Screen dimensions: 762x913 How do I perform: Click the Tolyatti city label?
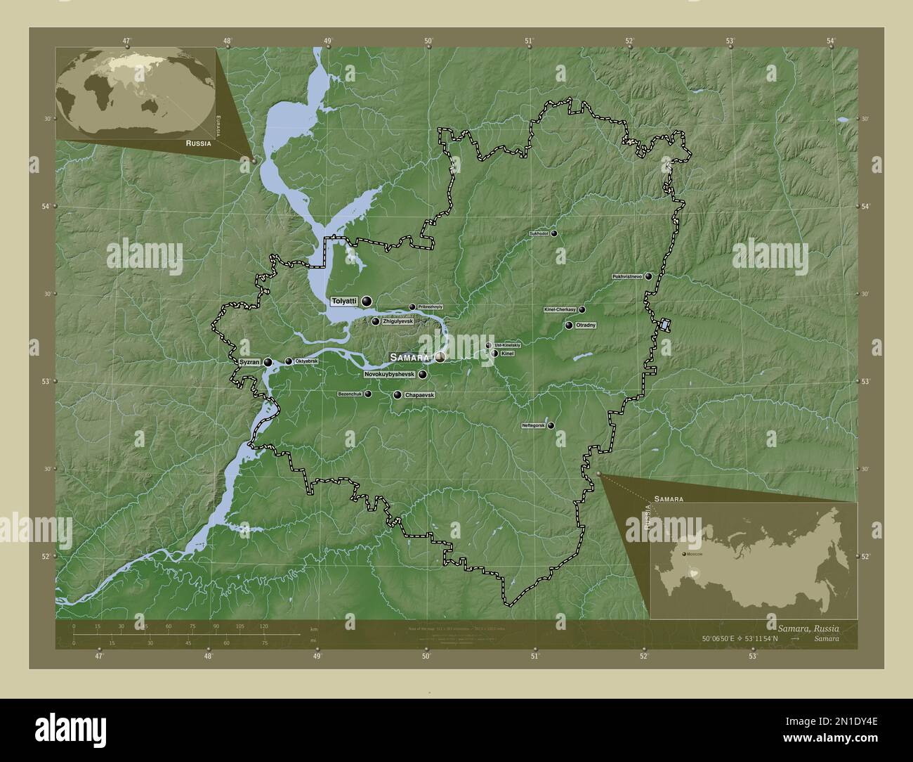coord(344,302)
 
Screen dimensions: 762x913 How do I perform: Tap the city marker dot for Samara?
coord(439,357)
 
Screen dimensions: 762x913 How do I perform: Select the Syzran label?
coord(249,362)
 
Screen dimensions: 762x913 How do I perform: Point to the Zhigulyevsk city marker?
coord(376,322)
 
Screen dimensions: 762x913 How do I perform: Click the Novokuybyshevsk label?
coord(390,375)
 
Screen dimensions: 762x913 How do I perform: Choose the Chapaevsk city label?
coord(420,395)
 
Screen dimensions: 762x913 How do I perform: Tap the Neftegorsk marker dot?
coord(551,425)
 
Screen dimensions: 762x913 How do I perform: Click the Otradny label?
coord(586,325)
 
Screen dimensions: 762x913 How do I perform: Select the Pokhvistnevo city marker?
coord(649,276)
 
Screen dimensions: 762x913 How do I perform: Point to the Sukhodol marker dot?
coord(554,233)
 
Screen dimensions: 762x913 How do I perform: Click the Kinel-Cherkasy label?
coord(560,309)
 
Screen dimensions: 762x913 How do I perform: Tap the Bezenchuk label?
coord(350,394)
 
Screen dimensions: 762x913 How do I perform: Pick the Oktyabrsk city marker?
coord(289,361)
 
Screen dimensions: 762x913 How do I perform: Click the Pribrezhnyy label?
coord(430,307)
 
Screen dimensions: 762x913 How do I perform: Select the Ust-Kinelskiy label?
coord(507,345)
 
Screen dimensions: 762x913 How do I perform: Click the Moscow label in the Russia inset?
coord(694,555)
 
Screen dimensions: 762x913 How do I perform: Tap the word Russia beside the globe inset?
coord(199,143)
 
